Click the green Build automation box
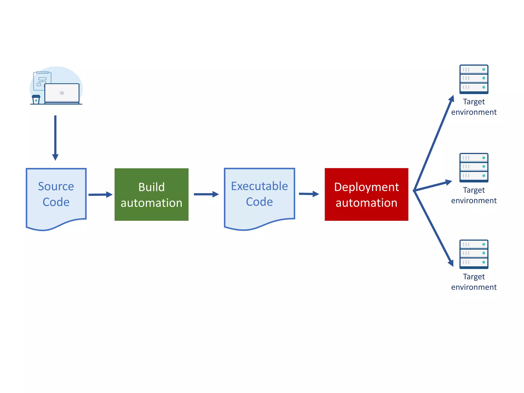(x=151, y=194)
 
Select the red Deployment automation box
(x=366, y=194)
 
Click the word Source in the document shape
(x=56, y=186)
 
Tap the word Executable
(x=259, y=186)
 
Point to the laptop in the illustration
(x=62, y=93)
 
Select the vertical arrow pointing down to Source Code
(x=55, y=138)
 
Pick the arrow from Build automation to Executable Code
(x=206, y=194)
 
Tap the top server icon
(x=474, y=79)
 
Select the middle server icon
(x=474, y=168)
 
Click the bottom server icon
(x=474, y=254)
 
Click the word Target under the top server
(x=474, y=102)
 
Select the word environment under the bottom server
(x=474, y=287)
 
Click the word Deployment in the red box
(x=366, y=187)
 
